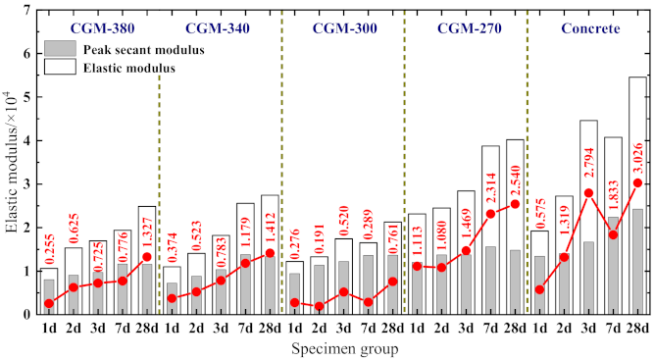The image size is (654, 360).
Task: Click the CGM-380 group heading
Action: (x=96, y=28)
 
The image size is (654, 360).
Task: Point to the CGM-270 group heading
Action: (x=465, y=28)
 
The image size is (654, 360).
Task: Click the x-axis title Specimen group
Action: (x=342, y=348)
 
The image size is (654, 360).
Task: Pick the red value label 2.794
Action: (x=586, y=161)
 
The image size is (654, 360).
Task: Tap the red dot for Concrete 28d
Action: (x=637, y=182)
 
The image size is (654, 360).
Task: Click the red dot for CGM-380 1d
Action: (x=50, y=303)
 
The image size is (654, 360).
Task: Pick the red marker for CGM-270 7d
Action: (x=490, y=214)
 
